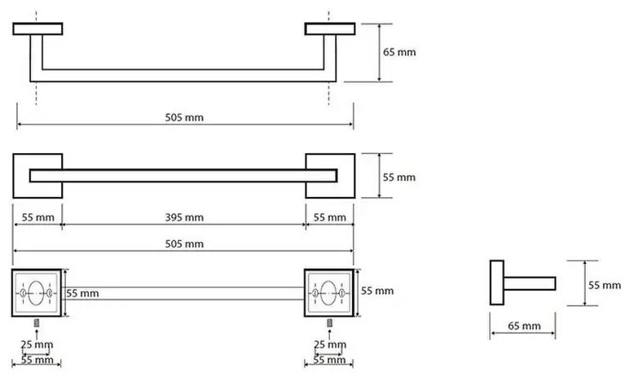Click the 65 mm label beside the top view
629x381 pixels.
[x=399, y=52]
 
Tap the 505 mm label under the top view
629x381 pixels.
[x=184, y=117]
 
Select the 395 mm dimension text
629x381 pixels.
[x=184, y=217]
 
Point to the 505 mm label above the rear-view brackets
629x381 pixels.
[x=184, y=243]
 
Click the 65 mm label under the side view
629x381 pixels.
[x=524, y=326]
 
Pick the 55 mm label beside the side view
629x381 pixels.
[x=605, y=285]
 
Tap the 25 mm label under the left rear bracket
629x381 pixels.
[x=37, y=344]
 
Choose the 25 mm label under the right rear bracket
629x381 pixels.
[x=330, y=344]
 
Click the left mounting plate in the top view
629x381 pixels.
[x=37, y=28]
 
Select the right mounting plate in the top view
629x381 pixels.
[x=330, y=28]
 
